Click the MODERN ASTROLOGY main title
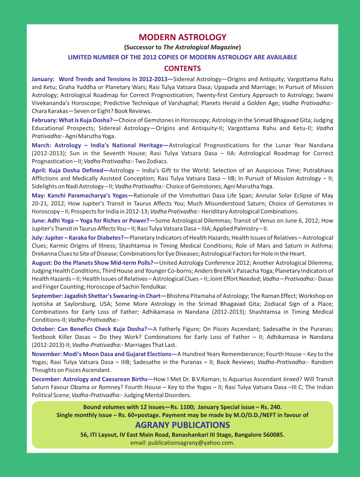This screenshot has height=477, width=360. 182,37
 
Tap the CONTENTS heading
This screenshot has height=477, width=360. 182,68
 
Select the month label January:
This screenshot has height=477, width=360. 43,79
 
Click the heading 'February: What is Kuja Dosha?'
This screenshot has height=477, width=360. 75,120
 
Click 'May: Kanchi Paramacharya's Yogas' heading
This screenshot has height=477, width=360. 79,196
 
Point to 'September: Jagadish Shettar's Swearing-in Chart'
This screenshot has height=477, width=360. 99,296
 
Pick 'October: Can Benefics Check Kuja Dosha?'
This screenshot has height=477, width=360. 92,329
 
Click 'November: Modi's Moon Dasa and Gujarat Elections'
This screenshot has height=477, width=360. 104,354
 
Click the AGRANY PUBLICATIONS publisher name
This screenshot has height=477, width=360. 182,425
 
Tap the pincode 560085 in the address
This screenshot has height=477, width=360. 272,434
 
